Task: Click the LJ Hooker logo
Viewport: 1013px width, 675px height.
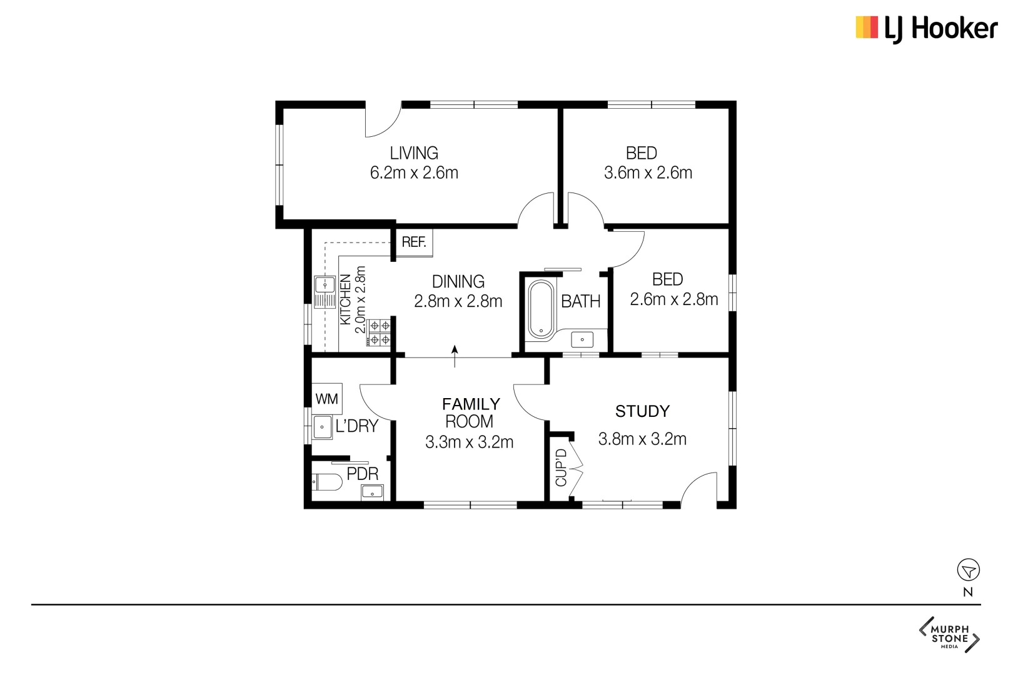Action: click(926, 29)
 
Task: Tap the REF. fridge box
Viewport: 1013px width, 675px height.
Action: click(414, 242)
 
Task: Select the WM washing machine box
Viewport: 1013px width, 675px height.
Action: click(327, 399)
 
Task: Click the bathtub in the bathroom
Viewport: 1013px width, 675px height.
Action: click(541, 309)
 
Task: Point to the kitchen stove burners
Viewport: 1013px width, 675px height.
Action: click(379, 332)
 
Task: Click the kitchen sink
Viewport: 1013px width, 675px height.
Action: click(325, 292)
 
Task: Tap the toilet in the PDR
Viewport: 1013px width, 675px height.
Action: click(327, 482)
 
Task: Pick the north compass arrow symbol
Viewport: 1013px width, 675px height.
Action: click(968, 570)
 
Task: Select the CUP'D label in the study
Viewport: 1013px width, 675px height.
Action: click(561, 467)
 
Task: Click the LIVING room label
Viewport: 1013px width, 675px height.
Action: click(414, 153)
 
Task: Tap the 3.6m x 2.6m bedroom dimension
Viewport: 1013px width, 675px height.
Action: click(648, 173)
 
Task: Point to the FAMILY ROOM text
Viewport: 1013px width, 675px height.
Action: click(470, 412)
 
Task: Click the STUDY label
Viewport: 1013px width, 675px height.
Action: click(642, 411)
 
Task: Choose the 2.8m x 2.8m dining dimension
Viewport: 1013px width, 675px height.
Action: click(458, 301)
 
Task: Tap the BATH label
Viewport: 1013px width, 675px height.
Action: click(580, 302)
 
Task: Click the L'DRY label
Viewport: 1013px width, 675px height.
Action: click(357, 426)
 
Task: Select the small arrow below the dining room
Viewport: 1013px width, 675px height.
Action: click(455, 356)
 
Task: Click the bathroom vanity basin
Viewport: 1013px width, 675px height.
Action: click(582, 339)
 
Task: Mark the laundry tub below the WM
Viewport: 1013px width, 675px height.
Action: click(323, 427)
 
